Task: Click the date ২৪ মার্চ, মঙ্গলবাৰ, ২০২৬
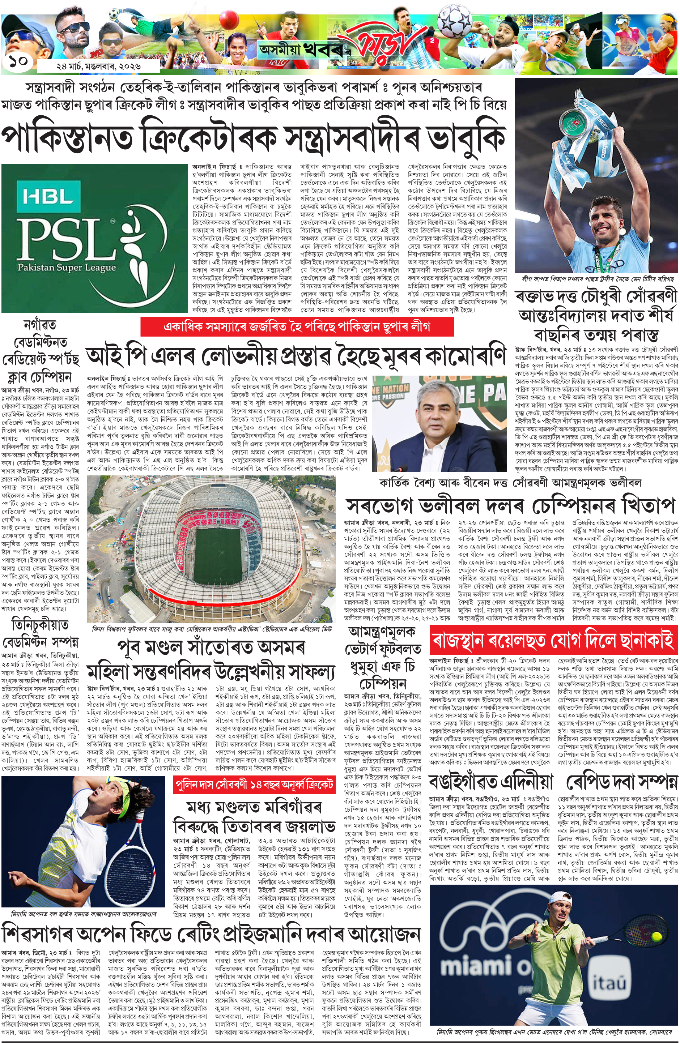coord(98,66)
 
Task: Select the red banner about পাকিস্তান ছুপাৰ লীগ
coord(297,327)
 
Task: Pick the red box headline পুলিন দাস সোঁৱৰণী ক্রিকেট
coord(254,785)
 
